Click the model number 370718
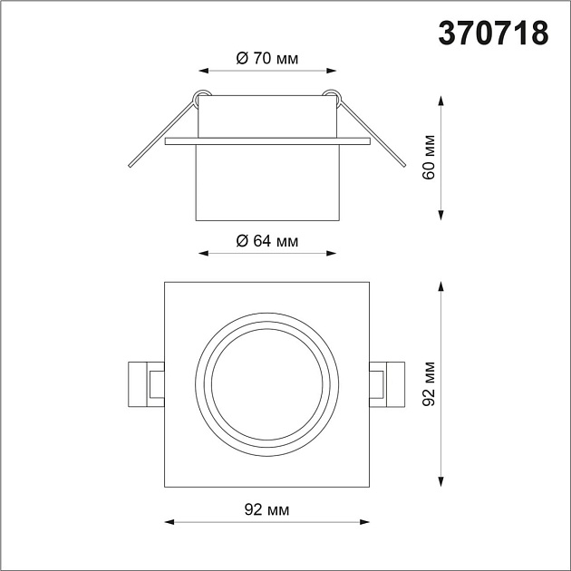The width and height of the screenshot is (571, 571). pyautogui.click(x=494, y=33)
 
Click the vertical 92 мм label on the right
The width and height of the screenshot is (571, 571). pyautogui.click(x=431, y=384)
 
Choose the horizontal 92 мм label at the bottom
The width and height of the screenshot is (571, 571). pyautogui.click(x=267, y=511)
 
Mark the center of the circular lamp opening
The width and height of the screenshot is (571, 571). pyautogui.click(x=267, y=384)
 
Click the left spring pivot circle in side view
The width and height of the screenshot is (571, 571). pyautogui.click(x=202, y=93)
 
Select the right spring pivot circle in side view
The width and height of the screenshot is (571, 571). pyautogui.click(x=332, y=93)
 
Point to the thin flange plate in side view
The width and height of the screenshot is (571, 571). pyautogui.click(x=267, y=141)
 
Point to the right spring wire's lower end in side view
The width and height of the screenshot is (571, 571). pyautogui.click(x=402, y=168)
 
